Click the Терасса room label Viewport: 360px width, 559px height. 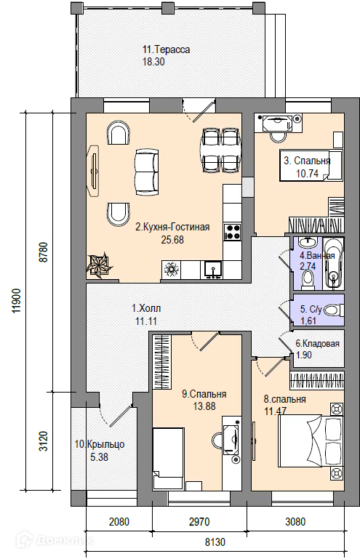pos(167,49)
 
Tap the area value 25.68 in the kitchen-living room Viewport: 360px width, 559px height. pos(172,240)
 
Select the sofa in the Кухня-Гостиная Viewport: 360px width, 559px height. pos(147,172)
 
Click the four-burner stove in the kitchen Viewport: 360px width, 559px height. pos(232,231)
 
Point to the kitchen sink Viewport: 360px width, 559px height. pos(213,269)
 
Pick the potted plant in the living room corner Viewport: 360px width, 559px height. pos(100,265)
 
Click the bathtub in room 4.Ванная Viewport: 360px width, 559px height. pos(334,263)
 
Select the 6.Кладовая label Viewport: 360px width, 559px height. pos(318,344)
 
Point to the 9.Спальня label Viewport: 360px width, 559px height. pos(204,394)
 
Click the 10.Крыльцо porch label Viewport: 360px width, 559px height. pos(100,445)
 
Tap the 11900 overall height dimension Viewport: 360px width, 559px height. pos(17,300)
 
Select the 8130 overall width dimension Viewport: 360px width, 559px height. pos(215,542)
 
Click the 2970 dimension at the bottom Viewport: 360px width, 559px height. pos(199,522)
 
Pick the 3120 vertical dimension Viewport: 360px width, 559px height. pos(44,441)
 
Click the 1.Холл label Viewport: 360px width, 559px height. pos(146,308)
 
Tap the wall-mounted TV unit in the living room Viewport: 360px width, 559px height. pos(93,170)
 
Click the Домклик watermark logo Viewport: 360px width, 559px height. pos(57,540)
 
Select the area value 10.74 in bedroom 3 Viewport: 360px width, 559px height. pos(307,174)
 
